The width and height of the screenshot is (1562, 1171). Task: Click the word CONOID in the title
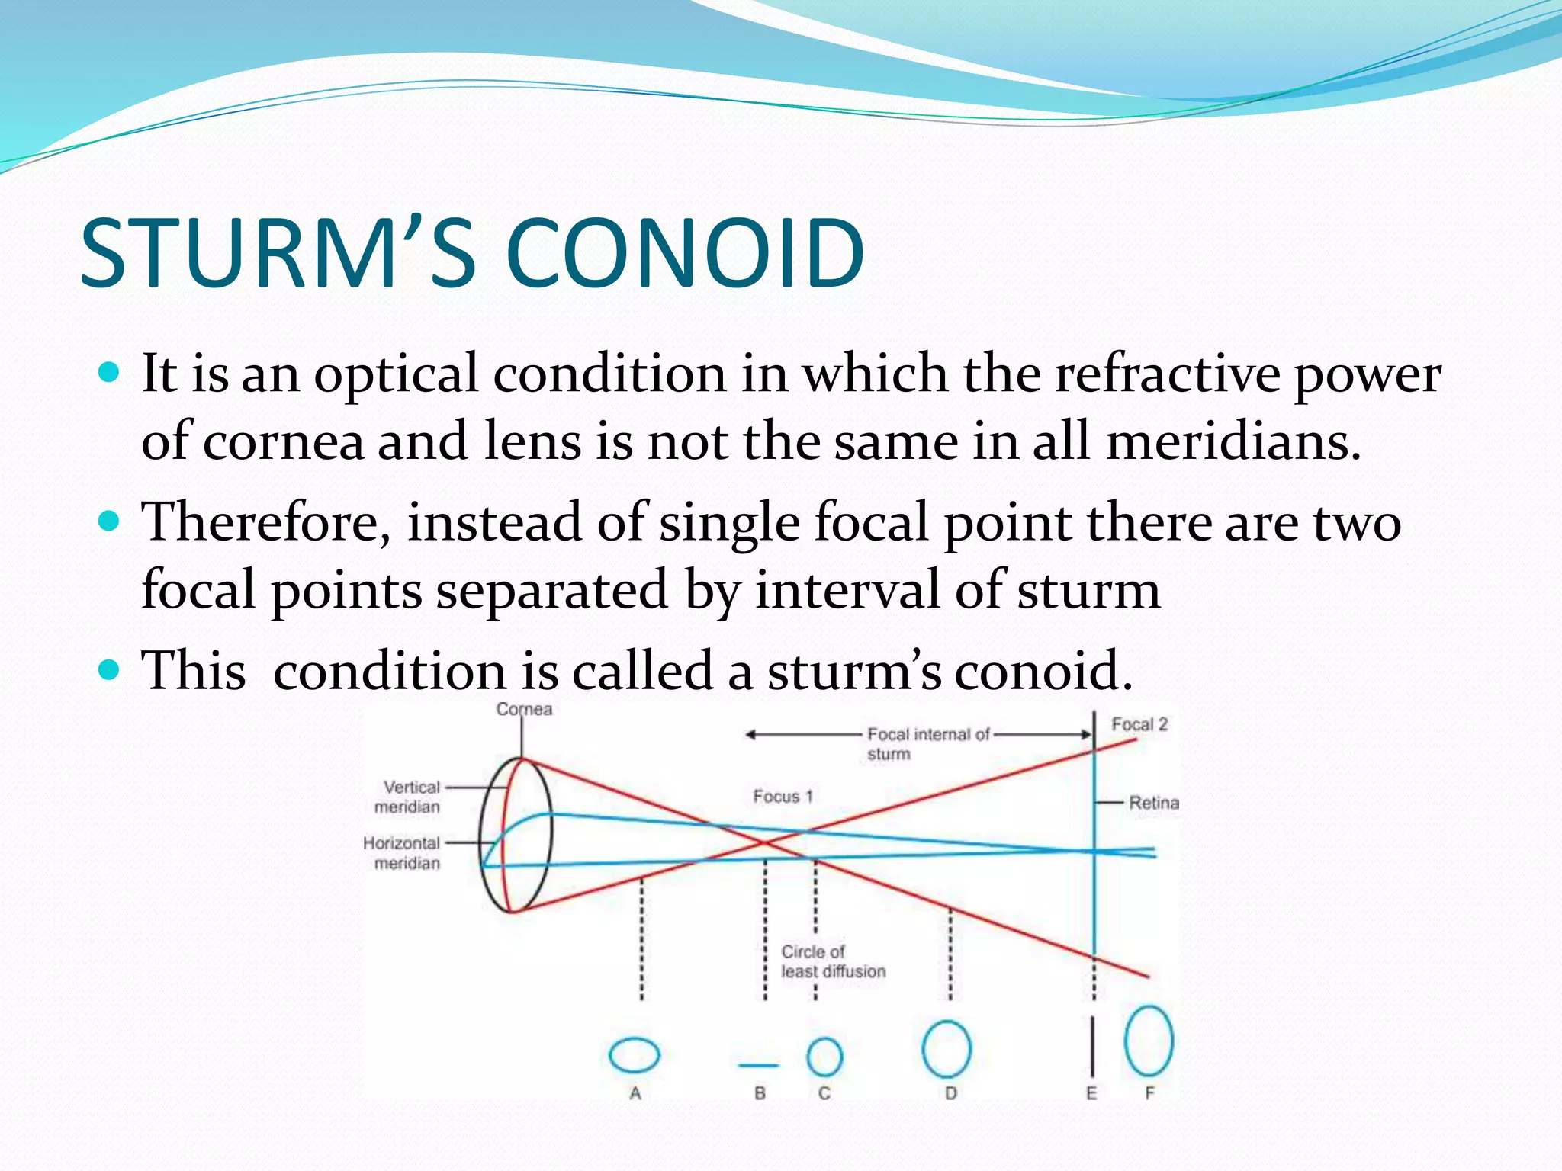pyautogui.click(x=684, y=253)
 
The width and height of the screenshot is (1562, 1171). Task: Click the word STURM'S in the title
pyautogui.click(x=278, y=253)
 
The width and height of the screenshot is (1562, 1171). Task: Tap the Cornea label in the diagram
pyautogui.click(x=524, y=709)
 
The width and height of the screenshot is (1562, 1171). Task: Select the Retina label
pyautogui.click(x=1153, y=803)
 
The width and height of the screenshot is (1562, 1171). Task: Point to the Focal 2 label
pyautogui.click(x=1139, y=724)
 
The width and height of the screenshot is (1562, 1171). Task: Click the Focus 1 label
pyautogui.click(x=783, y=797)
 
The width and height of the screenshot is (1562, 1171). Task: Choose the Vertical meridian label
pyautogui.click(x=409, y=797)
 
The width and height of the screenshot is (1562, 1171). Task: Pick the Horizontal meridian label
pyautogui.click(x=403, y=853)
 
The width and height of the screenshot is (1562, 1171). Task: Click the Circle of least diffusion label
pyautogui.click(x=832, y=961)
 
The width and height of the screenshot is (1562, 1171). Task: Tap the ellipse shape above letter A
pyautogui.click(x=635, y=1056)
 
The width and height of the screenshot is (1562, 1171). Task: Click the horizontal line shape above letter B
pyautogui.click(x=759, y=1065)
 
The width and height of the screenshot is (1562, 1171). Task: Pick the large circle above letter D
pyautogui.click(x=947, y=1050)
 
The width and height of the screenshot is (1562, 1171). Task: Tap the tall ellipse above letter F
pyautogui.click(x=1149, y=1041)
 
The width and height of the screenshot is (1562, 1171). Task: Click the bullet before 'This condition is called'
pyautogui.click(x=110, y=670)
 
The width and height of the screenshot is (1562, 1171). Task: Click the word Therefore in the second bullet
pyautogui.click(x=267, y=523)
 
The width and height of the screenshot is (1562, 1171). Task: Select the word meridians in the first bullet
pyautogui.click(x=1233, y=442)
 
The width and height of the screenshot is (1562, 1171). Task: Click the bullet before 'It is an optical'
pyautogui.click(x=110, y=373)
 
